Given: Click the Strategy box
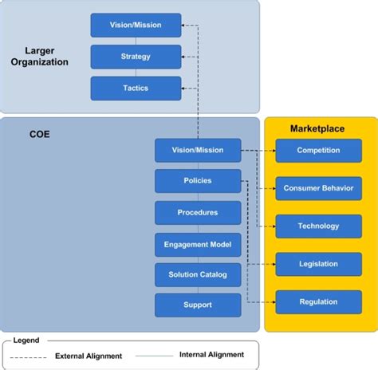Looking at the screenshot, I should [135, 57].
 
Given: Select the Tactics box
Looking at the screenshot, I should [135, 88].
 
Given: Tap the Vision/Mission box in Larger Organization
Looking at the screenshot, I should [135, 26].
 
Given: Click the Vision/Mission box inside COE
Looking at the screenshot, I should [198, 150].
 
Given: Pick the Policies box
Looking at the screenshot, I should [198, 181].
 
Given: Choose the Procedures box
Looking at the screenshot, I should [198, 212].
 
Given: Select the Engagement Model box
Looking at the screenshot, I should [198, 243].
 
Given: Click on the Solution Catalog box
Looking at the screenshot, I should [198, 274].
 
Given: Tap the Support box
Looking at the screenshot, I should [198, 305].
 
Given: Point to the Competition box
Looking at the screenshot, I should [318, 150].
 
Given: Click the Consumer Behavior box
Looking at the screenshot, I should [318, 188].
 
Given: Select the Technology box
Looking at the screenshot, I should [318, 226].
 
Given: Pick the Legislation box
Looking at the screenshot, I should [318, 264].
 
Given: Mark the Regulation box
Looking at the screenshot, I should [318, 302].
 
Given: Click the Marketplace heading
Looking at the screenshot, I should [318, 128].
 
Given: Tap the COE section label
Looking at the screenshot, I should [40, 135].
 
